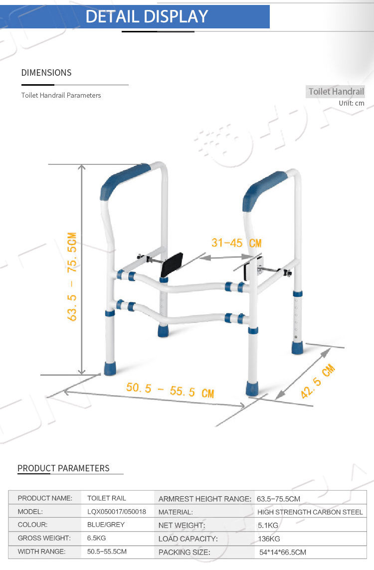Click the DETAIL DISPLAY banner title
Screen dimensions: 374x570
coord(147,16)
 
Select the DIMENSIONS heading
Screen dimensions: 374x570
coord(46,73)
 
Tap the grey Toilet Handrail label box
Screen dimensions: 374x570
coord(336,92)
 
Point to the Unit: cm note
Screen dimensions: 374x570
coord(351,103)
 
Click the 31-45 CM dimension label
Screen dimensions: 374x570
coord(236,243)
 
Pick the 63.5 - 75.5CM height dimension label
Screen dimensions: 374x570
coord(72,276)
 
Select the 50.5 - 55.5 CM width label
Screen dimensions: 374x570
coord(170,390)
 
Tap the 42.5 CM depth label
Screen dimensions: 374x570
coord(317,381)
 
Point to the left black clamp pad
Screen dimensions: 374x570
coord(172,265)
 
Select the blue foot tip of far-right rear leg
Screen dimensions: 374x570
coord(297,347)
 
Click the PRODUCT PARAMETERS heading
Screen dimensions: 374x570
coord(63,468)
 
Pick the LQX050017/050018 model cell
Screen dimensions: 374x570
coord(116,512)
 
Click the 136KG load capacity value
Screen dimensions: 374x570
coord(269,539)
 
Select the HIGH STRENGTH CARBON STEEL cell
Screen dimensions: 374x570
coord(310,512)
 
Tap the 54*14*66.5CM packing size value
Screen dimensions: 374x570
coord(283,552)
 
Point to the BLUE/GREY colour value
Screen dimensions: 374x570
coord(106,525)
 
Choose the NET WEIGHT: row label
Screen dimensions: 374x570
coord(182,525)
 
